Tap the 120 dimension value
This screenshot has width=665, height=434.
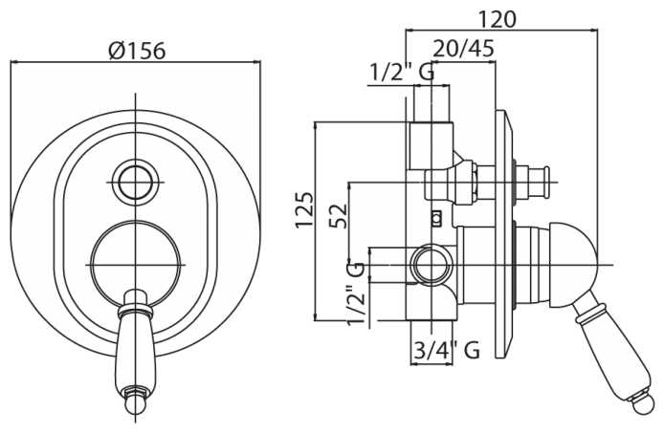point(498,18)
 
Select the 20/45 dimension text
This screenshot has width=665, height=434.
point(463,48)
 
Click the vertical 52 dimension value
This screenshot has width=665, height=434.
point(337,214)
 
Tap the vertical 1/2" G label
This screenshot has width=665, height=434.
point(356,293)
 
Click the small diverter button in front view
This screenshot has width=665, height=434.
point(135,179)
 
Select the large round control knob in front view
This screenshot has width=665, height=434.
point(135,261)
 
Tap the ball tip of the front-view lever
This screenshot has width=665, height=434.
point(135,409)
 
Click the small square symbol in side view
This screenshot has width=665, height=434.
point(436,217)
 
